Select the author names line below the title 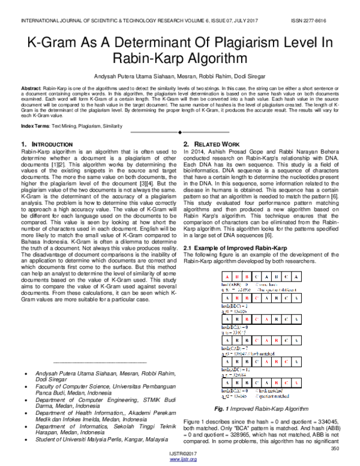(x=179, y=76)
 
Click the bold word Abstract (x=31, y=88)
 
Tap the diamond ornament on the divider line (x=180, y=131)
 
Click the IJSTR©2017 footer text (x=180, y=455)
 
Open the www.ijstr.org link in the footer (x=180, y=461)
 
